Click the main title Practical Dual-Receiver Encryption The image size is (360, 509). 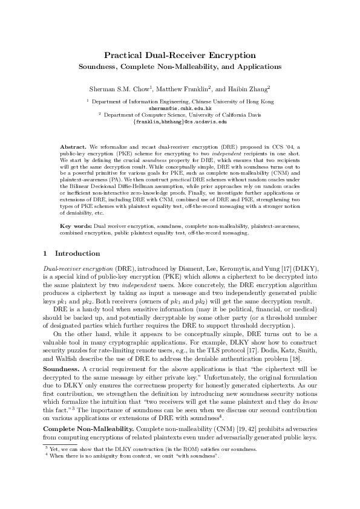(180, 55)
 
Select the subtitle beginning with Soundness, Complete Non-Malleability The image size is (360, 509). (180, 66)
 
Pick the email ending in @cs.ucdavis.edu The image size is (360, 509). (180, 122)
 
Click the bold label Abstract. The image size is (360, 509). (73, 147)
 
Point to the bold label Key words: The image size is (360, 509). (75, 225)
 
